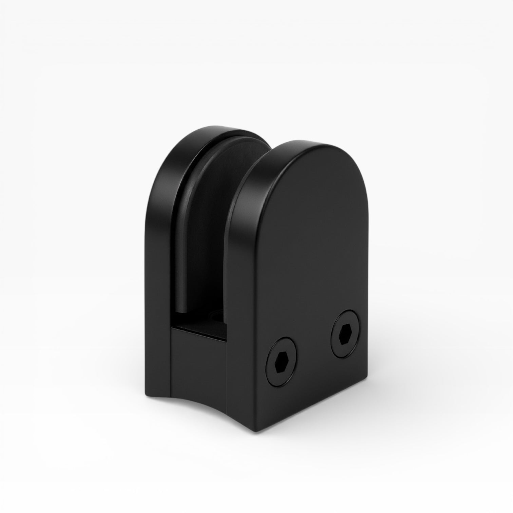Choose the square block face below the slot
point(198,363)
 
